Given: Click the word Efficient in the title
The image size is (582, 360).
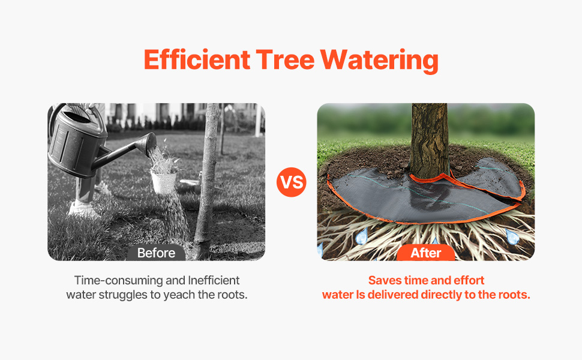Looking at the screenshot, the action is pos(197,59).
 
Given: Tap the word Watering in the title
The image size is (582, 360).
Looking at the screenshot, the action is pos(379,60).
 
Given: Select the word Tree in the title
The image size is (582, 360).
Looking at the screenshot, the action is pos(285,59).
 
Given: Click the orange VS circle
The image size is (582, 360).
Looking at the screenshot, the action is pos(292,182).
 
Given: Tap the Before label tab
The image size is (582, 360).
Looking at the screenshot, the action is pos(156,253).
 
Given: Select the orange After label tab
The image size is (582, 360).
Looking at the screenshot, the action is pos(426,253).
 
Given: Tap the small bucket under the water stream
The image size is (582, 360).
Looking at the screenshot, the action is pos(163,182).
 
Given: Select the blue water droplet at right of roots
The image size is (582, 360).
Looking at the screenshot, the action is pos(512,236).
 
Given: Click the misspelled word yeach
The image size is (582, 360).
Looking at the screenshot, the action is pos(179,295).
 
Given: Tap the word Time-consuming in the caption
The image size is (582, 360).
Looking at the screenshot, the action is pos(118,280).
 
